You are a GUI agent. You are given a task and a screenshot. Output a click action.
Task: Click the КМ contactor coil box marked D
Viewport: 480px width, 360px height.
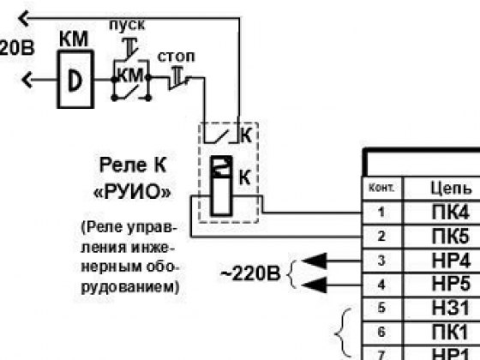(x=75, y=80)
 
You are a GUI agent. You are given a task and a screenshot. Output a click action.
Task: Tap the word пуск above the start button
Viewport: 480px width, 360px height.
(x=127, y=25)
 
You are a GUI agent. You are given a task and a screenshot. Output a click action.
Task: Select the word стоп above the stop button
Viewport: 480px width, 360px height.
(x=176, y=57)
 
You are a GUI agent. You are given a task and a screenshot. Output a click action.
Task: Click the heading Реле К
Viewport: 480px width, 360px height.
(x=133, y=165)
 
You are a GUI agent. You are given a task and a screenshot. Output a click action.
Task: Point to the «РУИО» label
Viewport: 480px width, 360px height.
(x=132, y=192)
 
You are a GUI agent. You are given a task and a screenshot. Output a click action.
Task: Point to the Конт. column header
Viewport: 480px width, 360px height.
(x=381, y=188)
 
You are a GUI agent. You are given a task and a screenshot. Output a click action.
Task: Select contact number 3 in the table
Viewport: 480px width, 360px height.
(x=381, y=261)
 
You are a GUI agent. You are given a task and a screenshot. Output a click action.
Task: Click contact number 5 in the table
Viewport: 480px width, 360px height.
(x=381, y=308)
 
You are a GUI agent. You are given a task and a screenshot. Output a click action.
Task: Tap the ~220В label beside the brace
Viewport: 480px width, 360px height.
(x=250, y=273)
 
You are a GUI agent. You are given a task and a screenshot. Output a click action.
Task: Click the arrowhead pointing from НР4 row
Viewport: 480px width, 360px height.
(x=315, y=261)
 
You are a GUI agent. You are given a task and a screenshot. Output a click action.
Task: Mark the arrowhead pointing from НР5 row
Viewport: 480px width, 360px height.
(x=315, y=285)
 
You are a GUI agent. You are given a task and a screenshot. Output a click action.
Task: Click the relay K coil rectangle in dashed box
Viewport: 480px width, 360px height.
(x=221, y=186)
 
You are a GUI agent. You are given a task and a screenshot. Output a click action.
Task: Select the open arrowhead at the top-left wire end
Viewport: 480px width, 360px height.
(x=24, y=18)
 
